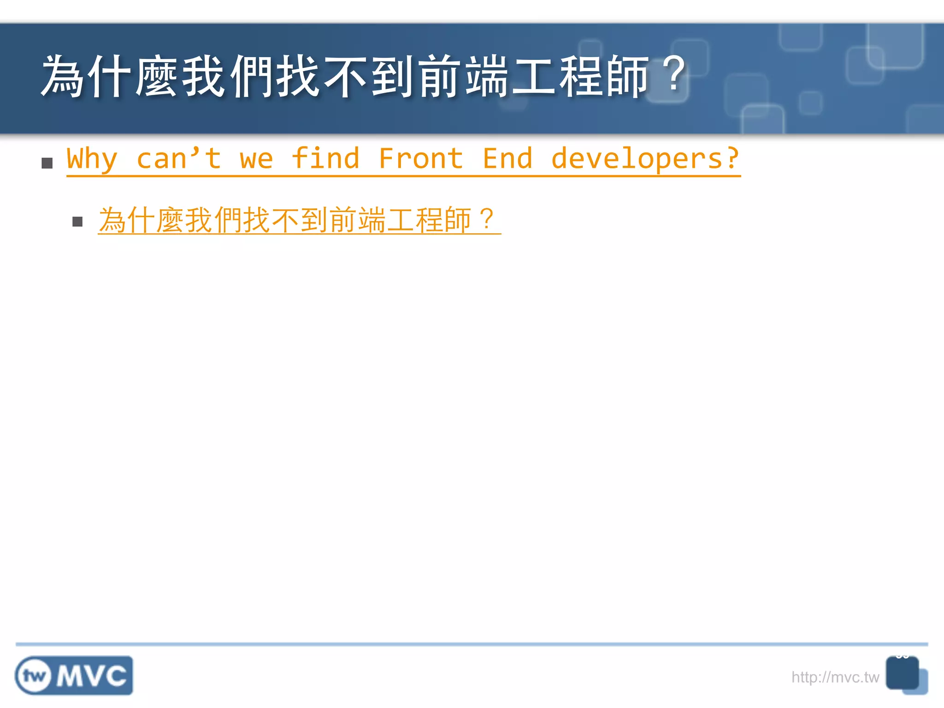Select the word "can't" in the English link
pyautogui.click(x=179, y=159)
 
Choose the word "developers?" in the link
pyautogui.click(x=645, y=159)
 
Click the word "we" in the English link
pyautogui.click(x=256, y=159)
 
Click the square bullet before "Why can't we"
pyautogui.click(x=47, y=163)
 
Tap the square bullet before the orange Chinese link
pyautogui.click(x=77, y=222)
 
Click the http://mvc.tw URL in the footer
pyautogui.click(x=835, y=677)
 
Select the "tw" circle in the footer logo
pyautogui.click(x=34, y=676)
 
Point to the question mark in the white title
pyautogui.click(x=675, y=75)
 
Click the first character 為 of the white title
pyautogui.click(x=63, y=76)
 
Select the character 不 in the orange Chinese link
pyautogui.click(x=285, y=220)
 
